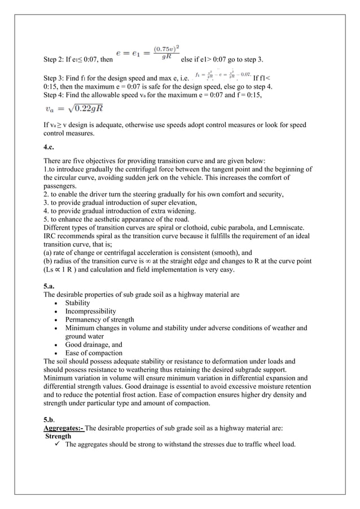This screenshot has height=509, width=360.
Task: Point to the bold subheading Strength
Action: point(58,436)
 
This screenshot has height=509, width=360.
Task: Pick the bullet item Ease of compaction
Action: point(94,353)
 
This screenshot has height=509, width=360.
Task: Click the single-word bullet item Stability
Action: point(77,303)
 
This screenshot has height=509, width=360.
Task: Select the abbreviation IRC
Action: point(51,236)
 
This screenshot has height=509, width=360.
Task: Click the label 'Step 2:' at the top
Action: point(54,59)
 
